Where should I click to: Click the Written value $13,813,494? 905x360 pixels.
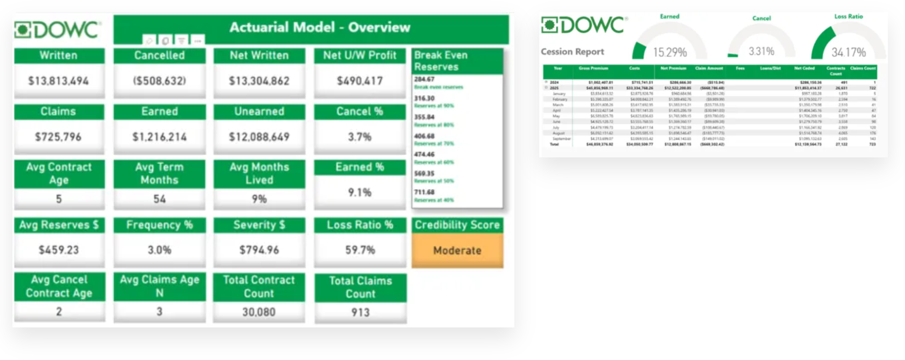[59, 81]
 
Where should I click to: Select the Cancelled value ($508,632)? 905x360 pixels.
[160, 81]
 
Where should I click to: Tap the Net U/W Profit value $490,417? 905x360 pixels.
[360, 81]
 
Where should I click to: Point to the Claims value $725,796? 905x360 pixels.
[59, 137]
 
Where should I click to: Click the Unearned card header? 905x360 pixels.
[259, 111]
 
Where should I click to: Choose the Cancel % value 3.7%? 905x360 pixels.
[360, 137]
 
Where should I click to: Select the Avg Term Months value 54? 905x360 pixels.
[160, 199]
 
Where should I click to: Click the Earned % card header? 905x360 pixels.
[360, 167]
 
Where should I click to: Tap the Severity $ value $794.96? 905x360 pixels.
[259, 250]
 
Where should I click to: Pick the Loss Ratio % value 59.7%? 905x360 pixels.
[360, 250]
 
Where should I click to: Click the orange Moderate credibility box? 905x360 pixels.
[457, 250]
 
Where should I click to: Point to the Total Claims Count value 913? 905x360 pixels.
[360, 312]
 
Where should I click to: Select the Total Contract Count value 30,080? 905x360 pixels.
[259, 312]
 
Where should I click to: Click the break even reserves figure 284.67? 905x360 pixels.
[424, 79]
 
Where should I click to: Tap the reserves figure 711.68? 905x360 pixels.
[424, 192]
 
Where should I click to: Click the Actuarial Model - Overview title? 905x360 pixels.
[319, 27]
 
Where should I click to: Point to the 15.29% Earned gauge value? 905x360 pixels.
[670, 53]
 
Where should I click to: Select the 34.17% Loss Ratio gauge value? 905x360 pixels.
[848, 53]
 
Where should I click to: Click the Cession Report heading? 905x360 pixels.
[572, 52]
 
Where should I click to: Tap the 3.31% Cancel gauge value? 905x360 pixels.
[761, 51]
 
